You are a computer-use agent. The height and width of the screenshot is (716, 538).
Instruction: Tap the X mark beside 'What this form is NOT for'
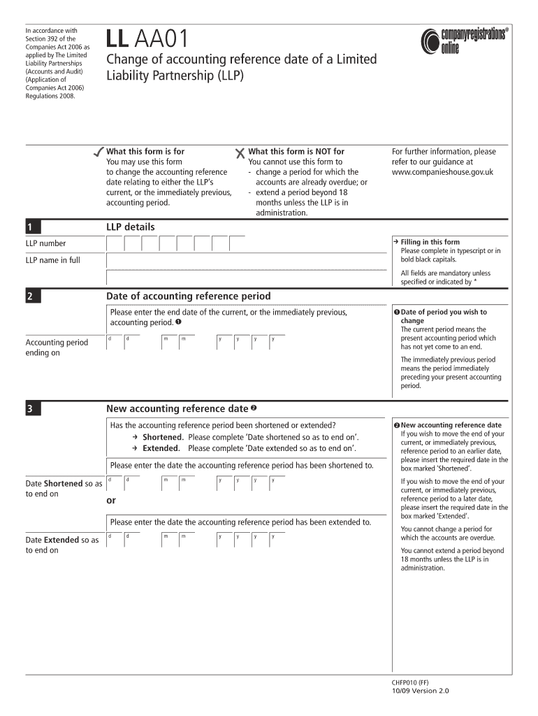(240, 152)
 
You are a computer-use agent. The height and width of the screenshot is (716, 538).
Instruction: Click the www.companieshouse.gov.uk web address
(442, 172)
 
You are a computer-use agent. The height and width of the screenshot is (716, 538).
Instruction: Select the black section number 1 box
(34, 227)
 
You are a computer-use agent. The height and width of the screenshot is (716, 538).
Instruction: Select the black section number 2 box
(34, 296)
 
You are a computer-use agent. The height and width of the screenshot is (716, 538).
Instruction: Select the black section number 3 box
(34, 409)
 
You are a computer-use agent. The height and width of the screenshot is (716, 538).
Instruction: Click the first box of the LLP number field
(115, 243)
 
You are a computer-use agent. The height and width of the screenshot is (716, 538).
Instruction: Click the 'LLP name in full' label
(53, 261)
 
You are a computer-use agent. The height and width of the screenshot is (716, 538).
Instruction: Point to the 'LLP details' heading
(131, 227)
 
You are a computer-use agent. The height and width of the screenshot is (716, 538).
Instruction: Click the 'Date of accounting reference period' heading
(188, 296)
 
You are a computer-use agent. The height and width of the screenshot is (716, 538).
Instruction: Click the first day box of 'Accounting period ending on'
(115, 342)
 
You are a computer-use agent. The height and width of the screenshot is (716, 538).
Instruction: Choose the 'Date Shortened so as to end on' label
(63, 489)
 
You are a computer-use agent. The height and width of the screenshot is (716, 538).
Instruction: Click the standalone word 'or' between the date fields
(111, 501)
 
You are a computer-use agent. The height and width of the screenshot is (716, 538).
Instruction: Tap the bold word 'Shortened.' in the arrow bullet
(163, 437)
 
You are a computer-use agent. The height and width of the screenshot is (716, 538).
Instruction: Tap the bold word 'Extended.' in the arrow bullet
(161, 449)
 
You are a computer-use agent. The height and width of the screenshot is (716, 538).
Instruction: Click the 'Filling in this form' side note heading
(430, 242)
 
